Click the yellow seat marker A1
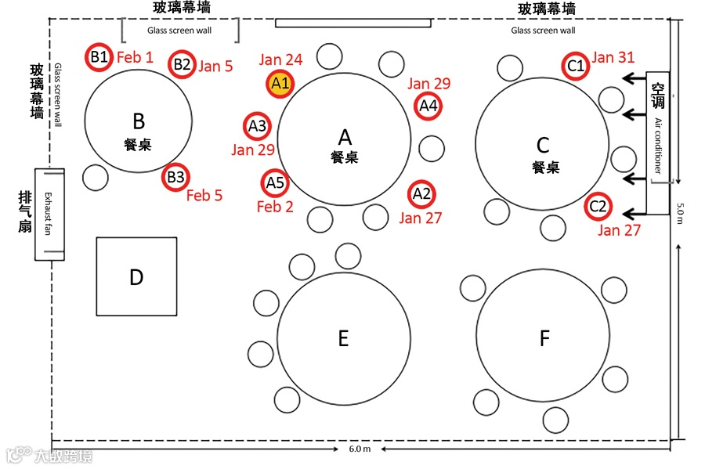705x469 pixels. click(280, 81)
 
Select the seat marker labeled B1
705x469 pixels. click(99, 56)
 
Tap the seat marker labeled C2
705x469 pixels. click(598, 207)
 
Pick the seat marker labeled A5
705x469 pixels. click(274, 183)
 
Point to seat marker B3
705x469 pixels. click(175, 178)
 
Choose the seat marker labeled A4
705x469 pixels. click(428, 105)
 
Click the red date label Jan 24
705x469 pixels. click(280, 60)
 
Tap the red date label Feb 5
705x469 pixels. click(204, 196)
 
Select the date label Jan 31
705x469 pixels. click(613, 57)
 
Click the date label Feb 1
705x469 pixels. click(135, 57)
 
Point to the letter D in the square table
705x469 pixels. click(136, 277)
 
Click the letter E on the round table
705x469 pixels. click(343, 338)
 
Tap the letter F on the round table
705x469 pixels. click(544, 338)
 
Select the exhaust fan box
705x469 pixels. click(49, 214)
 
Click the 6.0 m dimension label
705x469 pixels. click(360, 449)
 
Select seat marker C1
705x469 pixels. click(575, 66)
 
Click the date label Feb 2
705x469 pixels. click(275, 207)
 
